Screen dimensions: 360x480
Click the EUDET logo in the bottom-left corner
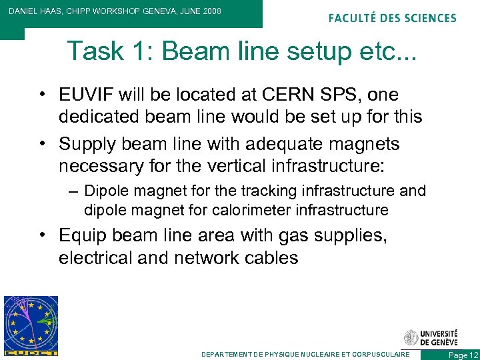pyautogui.click(x=31, y=325)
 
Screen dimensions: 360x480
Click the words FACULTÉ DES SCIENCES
pyautogui.click(x=393, y=18)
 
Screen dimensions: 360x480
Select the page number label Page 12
pyautogui.click(x=463, y=355)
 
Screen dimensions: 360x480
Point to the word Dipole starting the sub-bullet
pyautogui.click(x=107, y=191)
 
